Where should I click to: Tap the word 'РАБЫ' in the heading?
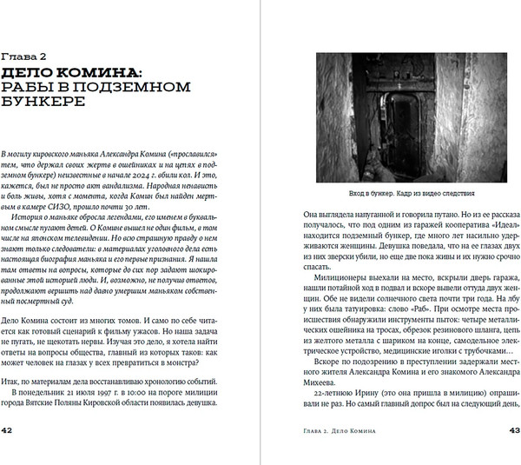point(30,84)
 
